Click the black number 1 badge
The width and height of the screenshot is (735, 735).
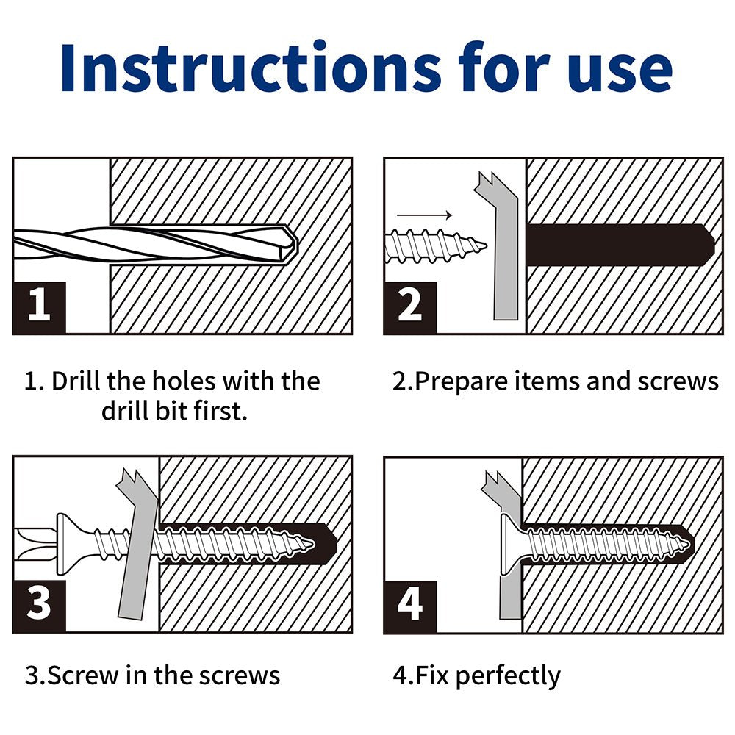pos(40,308)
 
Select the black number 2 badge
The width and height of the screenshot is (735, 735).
pos(410,308)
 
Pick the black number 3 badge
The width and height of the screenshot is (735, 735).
pos(40,606)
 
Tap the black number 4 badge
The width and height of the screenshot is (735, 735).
pos(410,606)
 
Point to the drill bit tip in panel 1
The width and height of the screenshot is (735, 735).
pos(296,244)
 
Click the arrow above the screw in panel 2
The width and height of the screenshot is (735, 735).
pos(425,215)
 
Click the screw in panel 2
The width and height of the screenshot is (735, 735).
pos(435,245)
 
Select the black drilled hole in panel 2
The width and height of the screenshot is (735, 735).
pos(620,245)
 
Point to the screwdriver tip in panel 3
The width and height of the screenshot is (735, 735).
pos(35,544)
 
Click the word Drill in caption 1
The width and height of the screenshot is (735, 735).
pos(76,381)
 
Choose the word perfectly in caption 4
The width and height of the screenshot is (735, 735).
pos(508,677)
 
